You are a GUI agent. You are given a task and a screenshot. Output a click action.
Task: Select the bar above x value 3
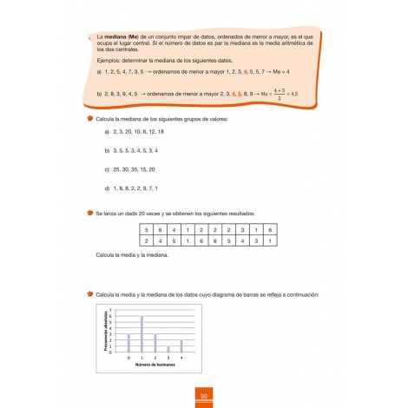tap(168, 348)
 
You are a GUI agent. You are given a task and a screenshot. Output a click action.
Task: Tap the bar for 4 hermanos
tap(181, 345)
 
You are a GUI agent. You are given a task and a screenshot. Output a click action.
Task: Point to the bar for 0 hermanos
tap(128, 341)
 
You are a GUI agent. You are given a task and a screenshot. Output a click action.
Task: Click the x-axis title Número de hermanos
tap(154, 365)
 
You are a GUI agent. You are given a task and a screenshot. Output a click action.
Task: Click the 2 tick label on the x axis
tap(155, 357)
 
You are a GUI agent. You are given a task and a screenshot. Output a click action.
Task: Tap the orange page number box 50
tap(202, 398)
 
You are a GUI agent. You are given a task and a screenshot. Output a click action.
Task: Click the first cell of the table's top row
tap(147, 229)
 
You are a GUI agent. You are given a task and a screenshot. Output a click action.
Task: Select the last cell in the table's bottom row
tap(270, 240)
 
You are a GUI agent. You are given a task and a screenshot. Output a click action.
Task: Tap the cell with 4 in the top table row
tap(174, 229)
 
